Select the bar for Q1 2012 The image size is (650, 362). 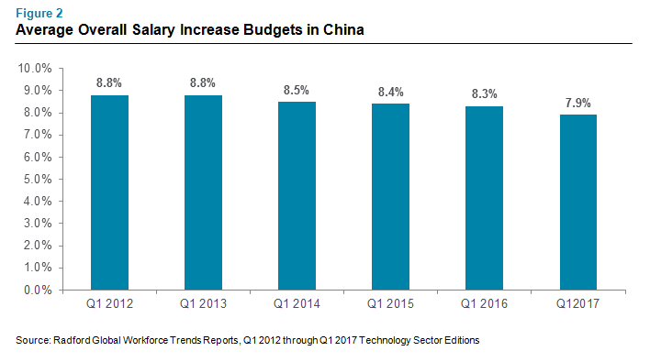109,192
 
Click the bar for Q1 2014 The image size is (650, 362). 297,196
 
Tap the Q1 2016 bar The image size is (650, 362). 484,198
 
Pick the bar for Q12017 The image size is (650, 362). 578,203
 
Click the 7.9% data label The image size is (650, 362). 578,103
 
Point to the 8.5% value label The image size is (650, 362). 297,90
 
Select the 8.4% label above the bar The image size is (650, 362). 391,92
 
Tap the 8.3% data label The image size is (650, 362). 485,93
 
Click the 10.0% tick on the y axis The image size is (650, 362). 35,68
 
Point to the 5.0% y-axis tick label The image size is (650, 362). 38,179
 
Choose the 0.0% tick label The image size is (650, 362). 38,290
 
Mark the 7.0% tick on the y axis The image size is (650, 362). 38,135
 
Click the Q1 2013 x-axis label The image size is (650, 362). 203,304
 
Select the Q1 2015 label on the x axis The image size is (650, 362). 390,304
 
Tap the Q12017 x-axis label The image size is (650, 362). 577,304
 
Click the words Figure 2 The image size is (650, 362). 39,13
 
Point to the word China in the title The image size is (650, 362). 343,30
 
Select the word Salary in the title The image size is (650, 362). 154,30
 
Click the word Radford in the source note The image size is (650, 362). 72,341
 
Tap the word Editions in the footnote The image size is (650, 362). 462,341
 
